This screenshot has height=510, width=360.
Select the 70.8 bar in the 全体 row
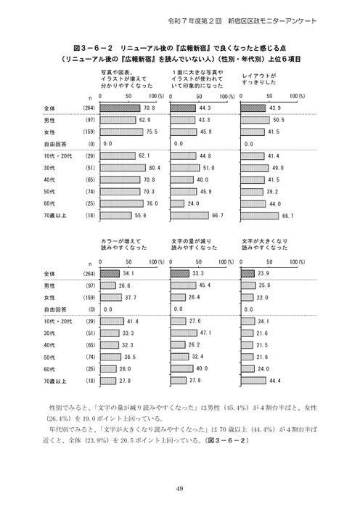click(123, 108)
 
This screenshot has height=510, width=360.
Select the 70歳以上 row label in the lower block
click(54, 380)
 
